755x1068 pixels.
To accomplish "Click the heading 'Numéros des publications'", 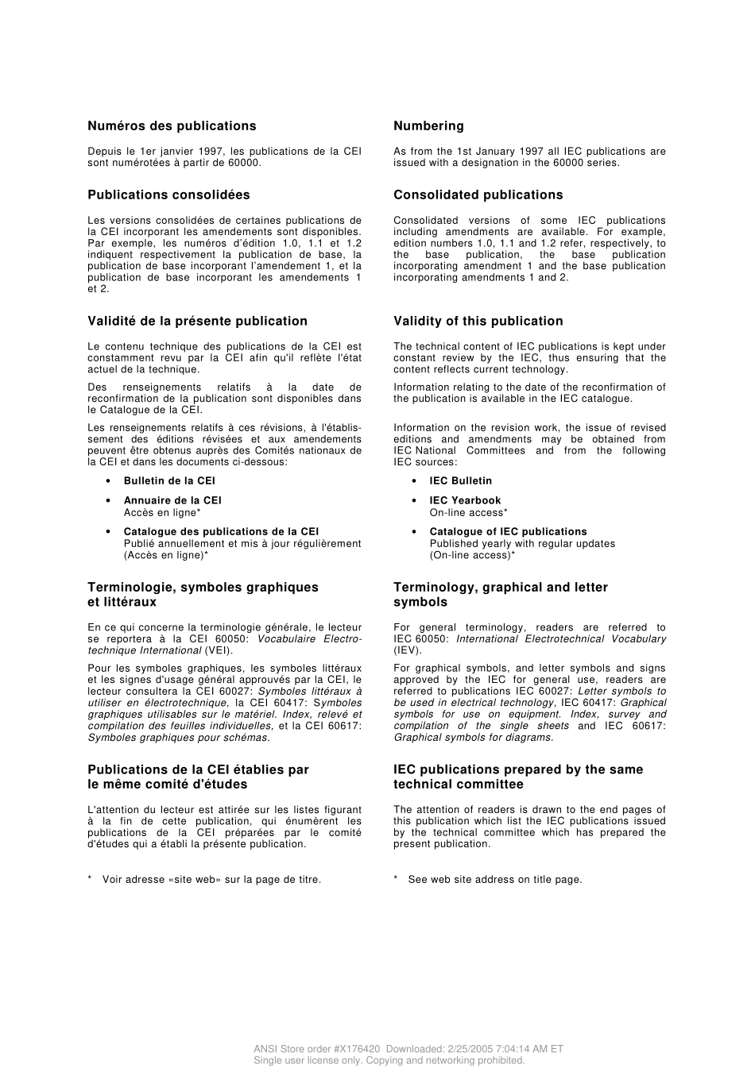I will pyautogui.click(x=172, y=126).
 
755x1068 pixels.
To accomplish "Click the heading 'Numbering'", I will pyautogui.click(x=428, y=126).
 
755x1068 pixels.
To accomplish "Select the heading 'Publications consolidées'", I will pyautogui.click(x=168, y=195).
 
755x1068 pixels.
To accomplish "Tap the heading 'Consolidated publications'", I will pyautogui.click(x=478, y=195).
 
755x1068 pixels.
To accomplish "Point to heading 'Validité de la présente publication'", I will pyautogui.click(x=197, y=322).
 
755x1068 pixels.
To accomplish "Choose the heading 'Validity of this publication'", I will pyautogui.click(x=478, y=322).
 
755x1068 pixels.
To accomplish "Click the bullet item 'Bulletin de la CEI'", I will pyautogui.click(x=169, y=481).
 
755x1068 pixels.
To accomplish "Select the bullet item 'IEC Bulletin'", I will pyautogui.click(x=460, y=481).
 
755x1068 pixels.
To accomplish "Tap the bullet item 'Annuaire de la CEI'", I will pyautogui.click(x=172, y=501).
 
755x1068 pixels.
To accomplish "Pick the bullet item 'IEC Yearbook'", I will pyautogui.click(x=465, y=501).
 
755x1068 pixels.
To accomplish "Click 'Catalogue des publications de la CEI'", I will pyautogui.click(x=221, y=532).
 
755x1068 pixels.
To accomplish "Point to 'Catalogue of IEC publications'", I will pyautogui.click(x=508, y=532).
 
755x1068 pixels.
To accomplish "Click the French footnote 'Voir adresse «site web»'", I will pyautogui.click(x=211, y=880).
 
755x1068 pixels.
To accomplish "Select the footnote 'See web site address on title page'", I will pyautogui.click(x=494, y=880).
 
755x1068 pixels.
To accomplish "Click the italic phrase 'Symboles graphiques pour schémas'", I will pyautogui.click(x=178, y=738).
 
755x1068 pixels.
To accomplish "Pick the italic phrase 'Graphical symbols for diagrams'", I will pyautogui.click(x=473, y=738).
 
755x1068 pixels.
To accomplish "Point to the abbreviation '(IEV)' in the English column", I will pyautogui.click(x=408, y=650).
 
